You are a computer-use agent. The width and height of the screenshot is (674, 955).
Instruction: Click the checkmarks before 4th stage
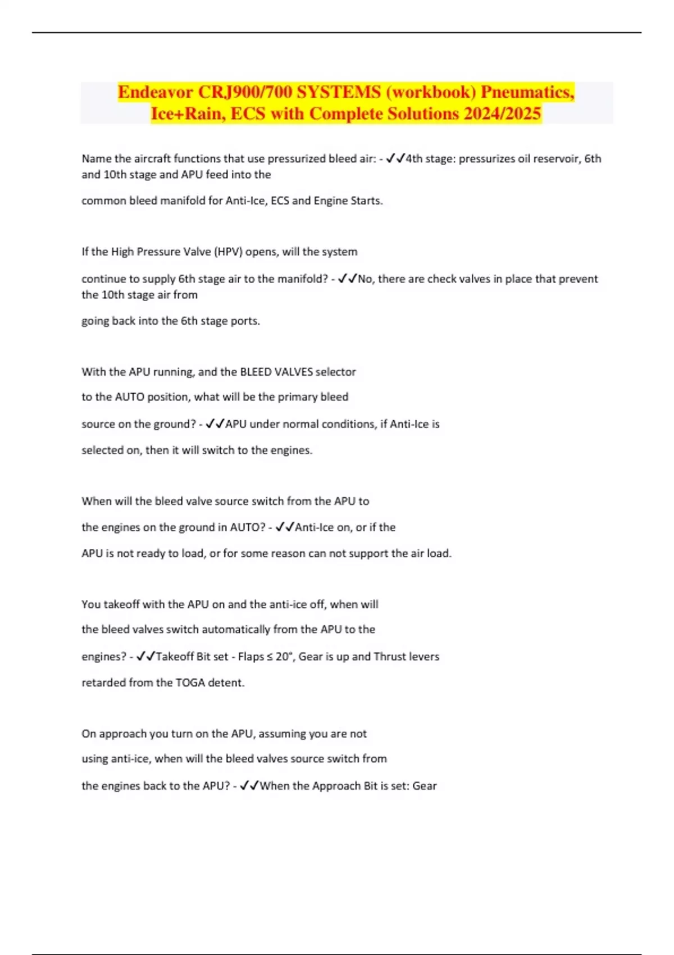click(395, 159)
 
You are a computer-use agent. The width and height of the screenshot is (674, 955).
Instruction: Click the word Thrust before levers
click(390, 657)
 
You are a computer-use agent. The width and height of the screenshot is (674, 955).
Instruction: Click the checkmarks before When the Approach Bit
click(249, 786)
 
